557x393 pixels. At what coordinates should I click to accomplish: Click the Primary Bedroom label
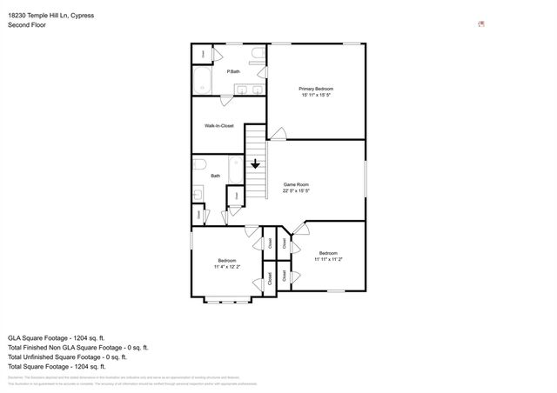pyautogui.click(x=316, y=89)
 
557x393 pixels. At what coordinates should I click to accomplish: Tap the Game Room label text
pyautogui.click(x=296, y=184)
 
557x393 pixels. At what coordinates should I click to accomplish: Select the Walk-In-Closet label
pyautogui.click(x=218, y=126)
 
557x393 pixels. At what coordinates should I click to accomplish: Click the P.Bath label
pyautogui.click(x=233, y=71)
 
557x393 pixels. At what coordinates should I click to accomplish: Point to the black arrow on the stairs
pyautogui.click(x=255, y=163)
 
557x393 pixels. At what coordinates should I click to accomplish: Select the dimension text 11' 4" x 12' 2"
pyautogui.click(x=225, y=267)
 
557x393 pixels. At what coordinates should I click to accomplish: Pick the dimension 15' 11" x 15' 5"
pyautogui.click(x=316, y=97)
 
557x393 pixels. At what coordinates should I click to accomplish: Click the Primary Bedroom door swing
pyautogui.click(x=277, y=133)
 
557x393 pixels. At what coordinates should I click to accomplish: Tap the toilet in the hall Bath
pyautogui.click(x=198, y=164)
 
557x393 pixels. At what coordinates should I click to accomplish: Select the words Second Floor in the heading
pyautogui.click(x=27, y=25)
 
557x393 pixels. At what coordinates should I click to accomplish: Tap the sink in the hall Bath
pyautogui.click(x=198, y=194)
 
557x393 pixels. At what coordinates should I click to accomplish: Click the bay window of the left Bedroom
pyautogui.click(x=226, y=301)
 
